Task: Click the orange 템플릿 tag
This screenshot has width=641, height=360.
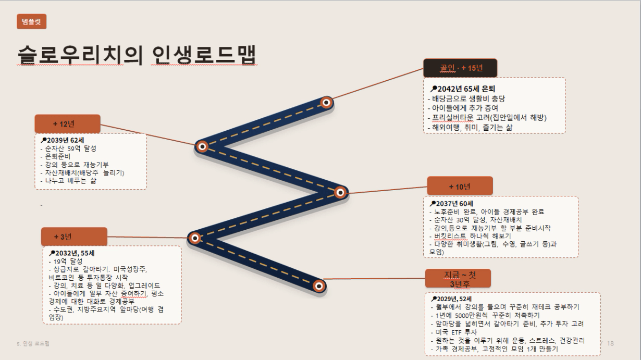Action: point(31,21)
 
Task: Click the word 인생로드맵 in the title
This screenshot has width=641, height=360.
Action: point(204,55)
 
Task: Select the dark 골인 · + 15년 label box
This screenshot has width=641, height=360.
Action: point(460,68)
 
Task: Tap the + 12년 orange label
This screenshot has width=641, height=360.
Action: point(68,124)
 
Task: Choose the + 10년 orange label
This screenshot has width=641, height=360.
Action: point(460,186)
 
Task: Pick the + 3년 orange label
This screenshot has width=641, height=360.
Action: point(74,237)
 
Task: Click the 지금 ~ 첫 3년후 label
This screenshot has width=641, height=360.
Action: point(458,279)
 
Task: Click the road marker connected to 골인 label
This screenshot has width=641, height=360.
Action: point(326,103)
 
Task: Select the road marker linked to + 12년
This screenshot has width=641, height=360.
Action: point(202,146)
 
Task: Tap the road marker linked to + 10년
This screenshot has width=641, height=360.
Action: point(340,192)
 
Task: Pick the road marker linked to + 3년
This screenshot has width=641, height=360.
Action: point(195,238)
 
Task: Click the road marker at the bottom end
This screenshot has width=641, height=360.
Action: point(319,286)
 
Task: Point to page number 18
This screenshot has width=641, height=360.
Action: point(610,343)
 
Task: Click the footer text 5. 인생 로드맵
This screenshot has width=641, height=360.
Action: point(33,343)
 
